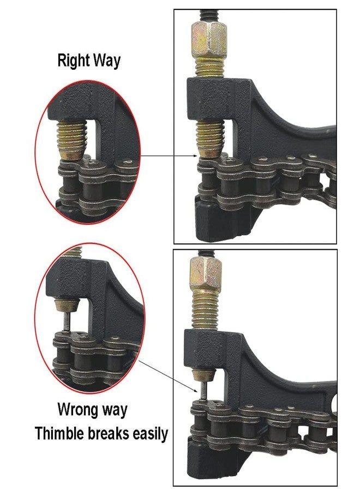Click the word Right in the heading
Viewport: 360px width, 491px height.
point(74,61)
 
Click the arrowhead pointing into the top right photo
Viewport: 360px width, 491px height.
point(195,155)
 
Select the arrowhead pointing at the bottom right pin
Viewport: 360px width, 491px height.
point(195,390)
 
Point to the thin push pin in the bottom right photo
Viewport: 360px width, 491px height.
point(203,389)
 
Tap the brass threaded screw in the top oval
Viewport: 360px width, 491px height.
point(71,140)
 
